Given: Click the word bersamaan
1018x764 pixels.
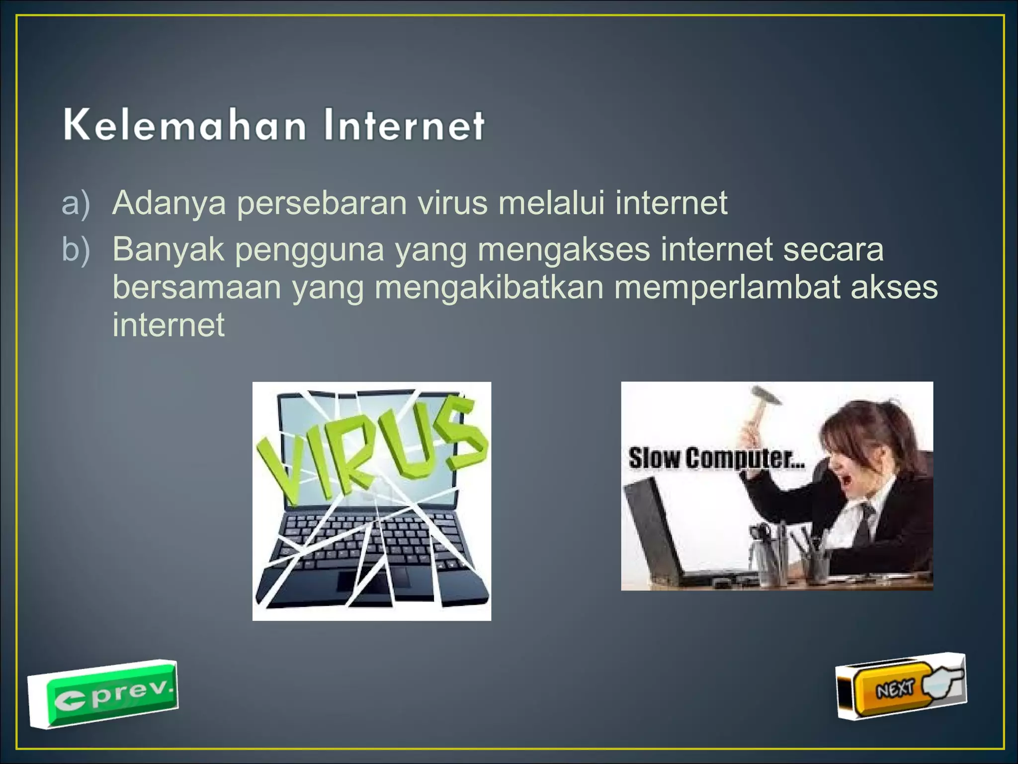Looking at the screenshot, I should [x=196, y=287].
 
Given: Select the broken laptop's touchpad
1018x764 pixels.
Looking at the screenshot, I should [x=373, y=582].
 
